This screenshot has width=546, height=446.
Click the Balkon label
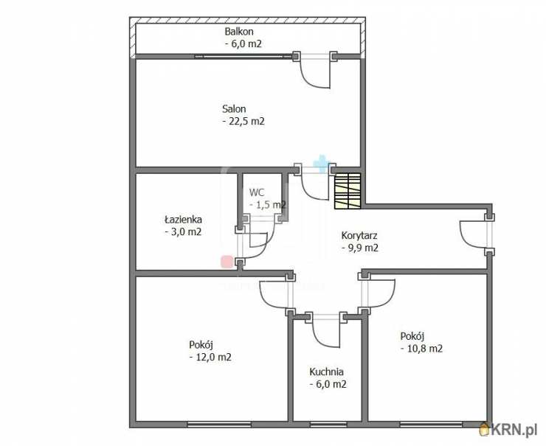click(x=239, y=32)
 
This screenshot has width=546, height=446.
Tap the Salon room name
click(x=234, y=109)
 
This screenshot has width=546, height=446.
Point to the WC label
click(x=257, y=192)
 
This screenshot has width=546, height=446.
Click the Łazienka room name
click(x=183, y=220)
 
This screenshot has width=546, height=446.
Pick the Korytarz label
click(x=359, y=235)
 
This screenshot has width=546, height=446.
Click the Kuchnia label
click(x=327, y=372)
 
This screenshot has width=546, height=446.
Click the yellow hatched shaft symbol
click(x=348, y=191)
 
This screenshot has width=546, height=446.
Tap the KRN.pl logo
click(x=511, y=430)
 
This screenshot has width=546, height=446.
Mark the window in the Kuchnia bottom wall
click(x=328, y=425)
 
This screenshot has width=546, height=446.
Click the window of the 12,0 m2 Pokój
click(x=219, y=425)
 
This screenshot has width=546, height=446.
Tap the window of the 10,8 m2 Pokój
click(x=431, y=425)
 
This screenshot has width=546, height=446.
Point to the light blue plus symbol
click(x=321, y=164)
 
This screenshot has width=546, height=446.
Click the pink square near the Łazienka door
click(x=227, y=262)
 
